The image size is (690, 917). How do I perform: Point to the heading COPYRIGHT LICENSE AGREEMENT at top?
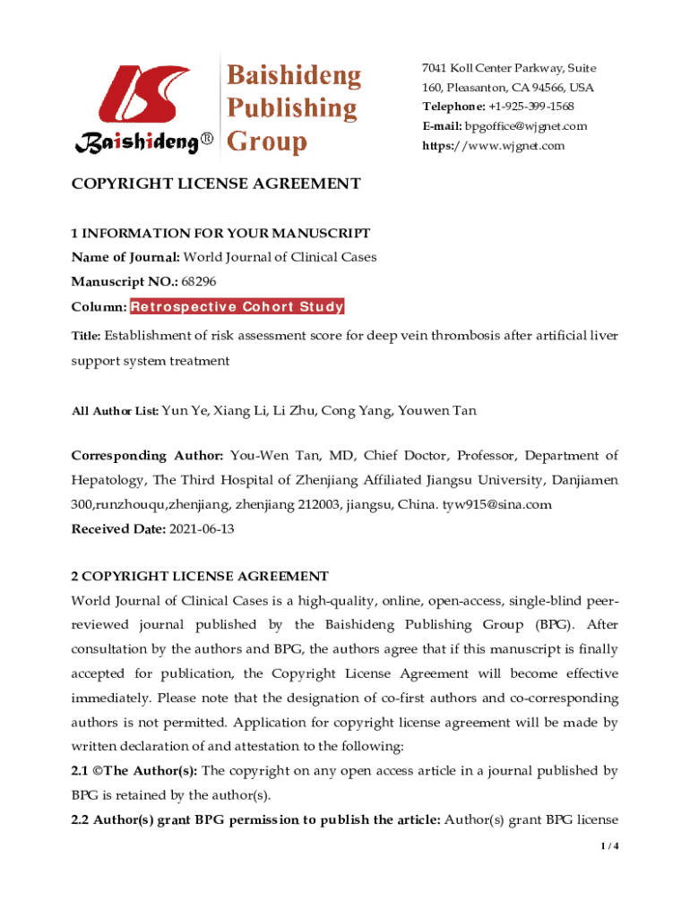(x=216, y=184)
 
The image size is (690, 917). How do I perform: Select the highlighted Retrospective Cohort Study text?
(x=237, y=307)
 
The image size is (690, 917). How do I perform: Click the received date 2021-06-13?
(x=202, y=529)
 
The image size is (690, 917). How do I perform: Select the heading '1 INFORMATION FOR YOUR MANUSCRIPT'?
(x=220, y=234)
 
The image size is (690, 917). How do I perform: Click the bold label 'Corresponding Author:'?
(x=147, y=456)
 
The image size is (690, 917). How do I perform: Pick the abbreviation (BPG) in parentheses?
(x=557, y=624)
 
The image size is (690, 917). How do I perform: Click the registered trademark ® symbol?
(x=207, y=141)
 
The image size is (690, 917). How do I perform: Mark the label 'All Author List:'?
(x=115, y=411)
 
